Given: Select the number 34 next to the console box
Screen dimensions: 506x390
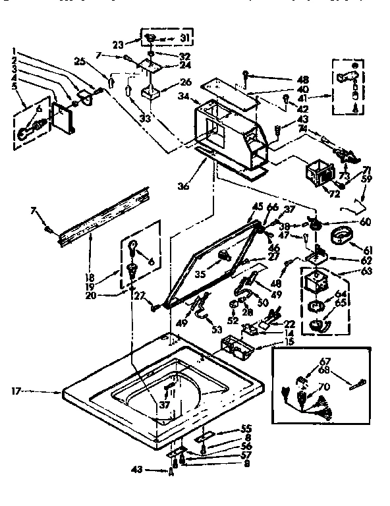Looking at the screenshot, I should pos(184,96).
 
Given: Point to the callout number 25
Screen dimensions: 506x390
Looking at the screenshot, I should pos(82,61).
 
